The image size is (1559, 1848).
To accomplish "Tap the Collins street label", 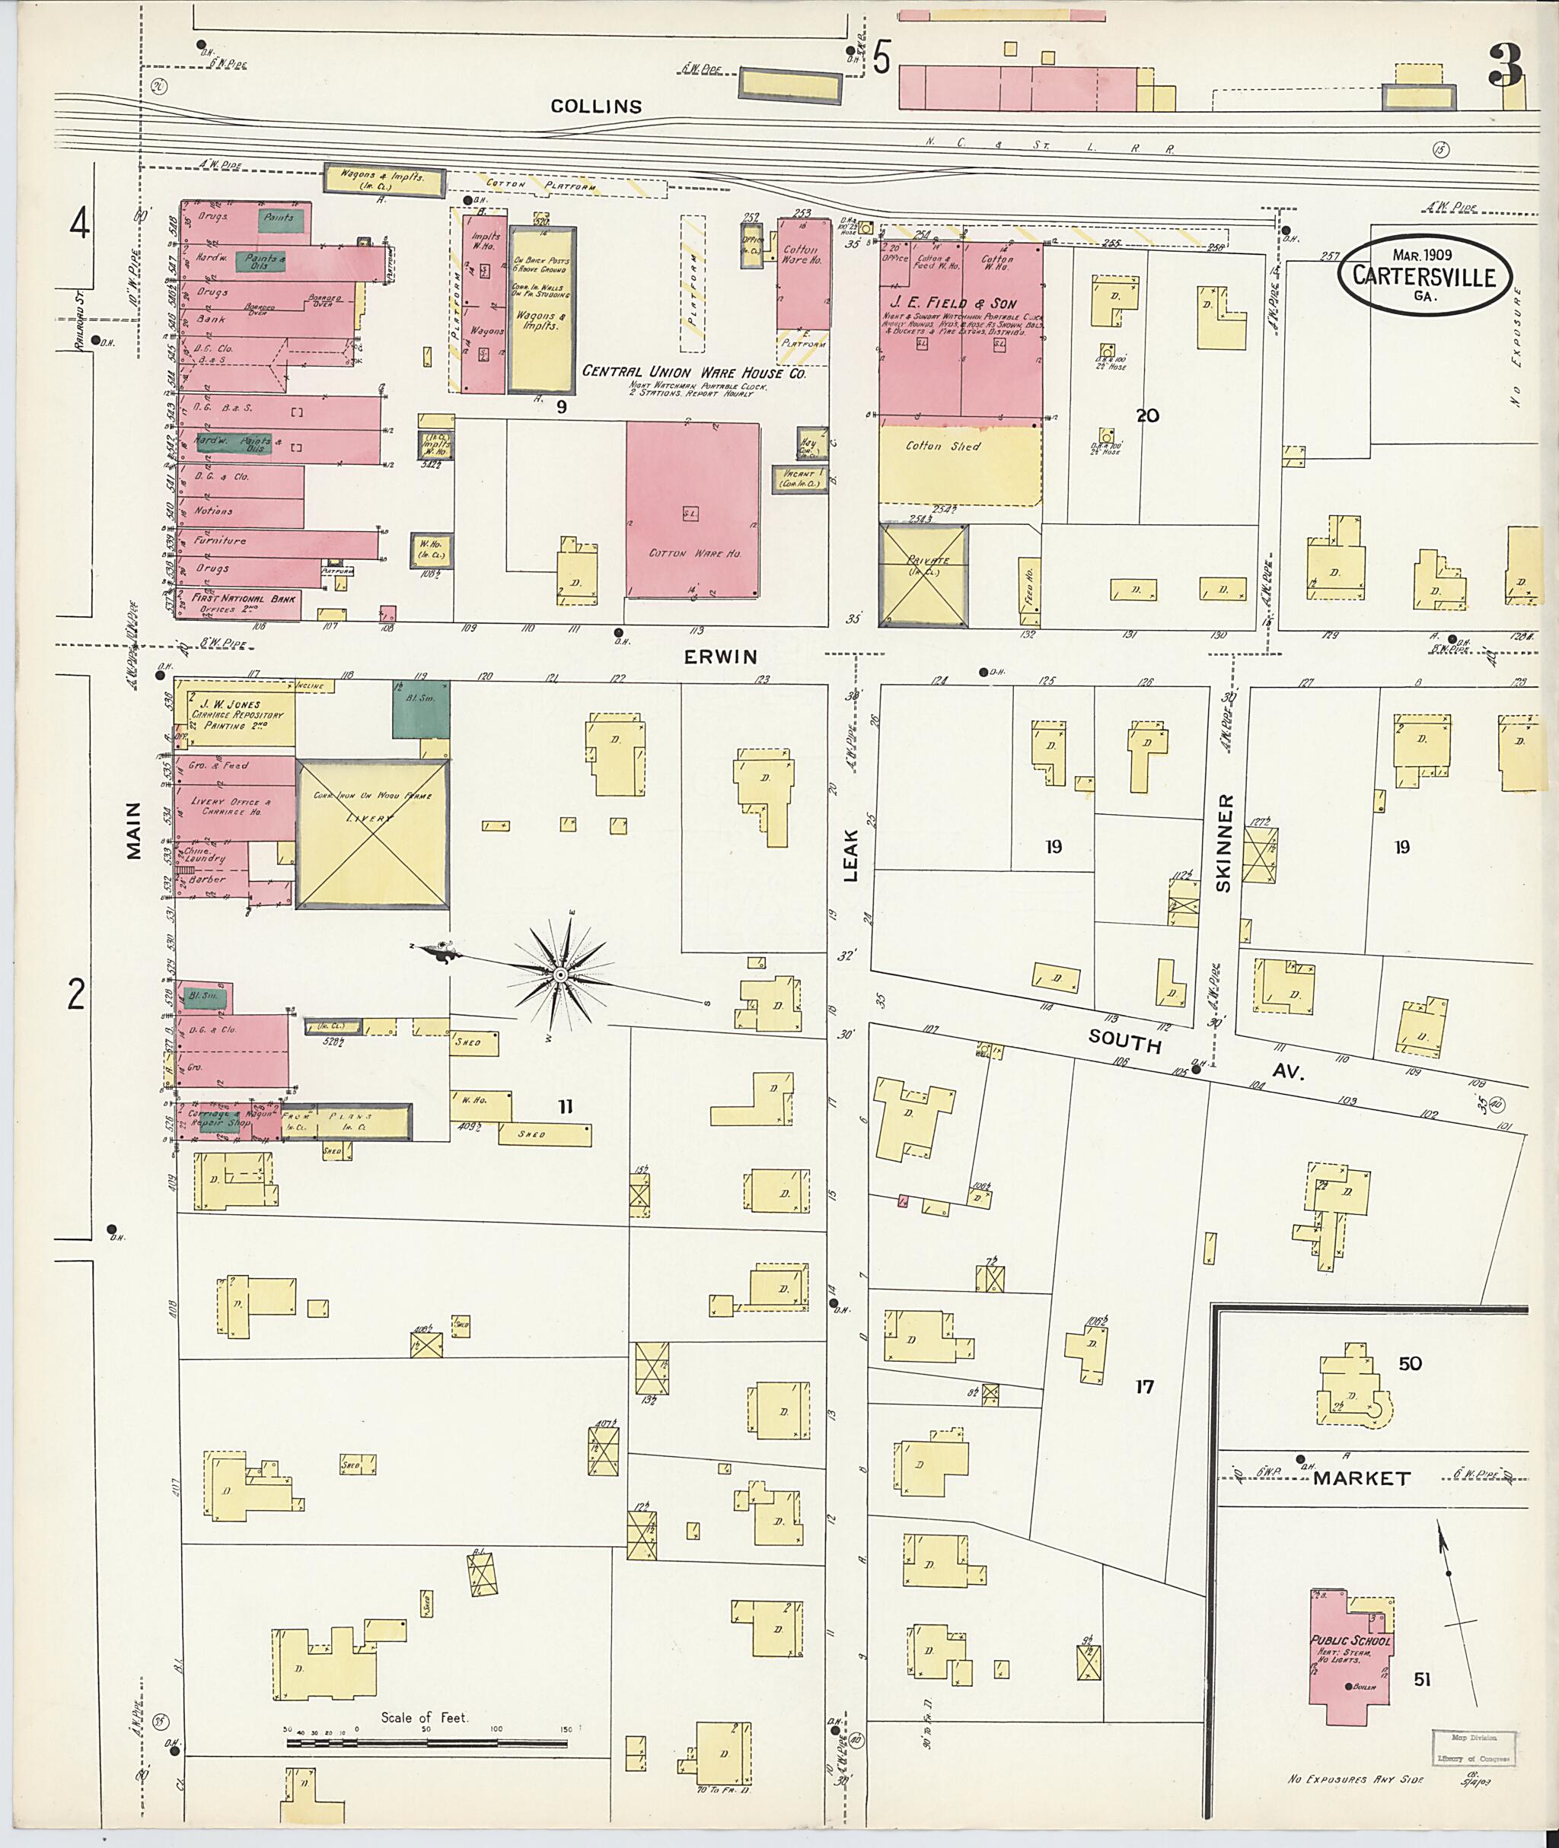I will point(596,106).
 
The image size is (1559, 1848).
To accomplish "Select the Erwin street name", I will point(721,657).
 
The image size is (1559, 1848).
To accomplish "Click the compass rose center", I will point(560,975).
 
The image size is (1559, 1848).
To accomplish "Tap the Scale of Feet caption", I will point(424,1717).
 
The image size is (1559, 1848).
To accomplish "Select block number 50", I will point(1410,1363).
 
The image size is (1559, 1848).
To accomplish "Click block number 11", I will point(566,1106).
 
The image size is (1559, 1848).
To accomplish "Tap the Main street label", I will point(133,829).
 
